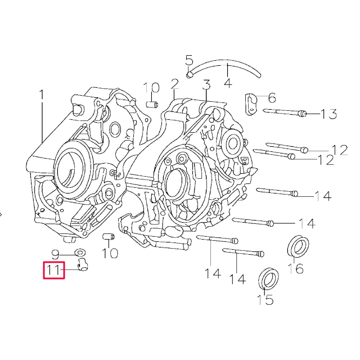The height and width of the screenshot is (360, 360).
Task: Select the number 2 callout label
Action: point(175,84)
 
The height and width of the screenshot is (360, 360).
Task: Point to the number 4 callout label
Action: point(227,83)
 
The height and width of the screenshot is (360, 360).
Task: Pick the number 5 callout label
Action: point(189,60)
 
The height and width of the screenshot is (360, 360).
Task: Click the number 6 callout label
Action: point(272,97)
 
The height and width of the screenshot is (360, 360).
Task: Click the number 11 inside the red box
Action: point(55,271)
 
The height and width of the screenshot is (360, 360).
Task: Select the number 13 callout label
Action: point(328,115)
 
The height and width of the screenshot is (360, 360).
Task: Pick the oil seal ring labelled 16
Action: point(298,246)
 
